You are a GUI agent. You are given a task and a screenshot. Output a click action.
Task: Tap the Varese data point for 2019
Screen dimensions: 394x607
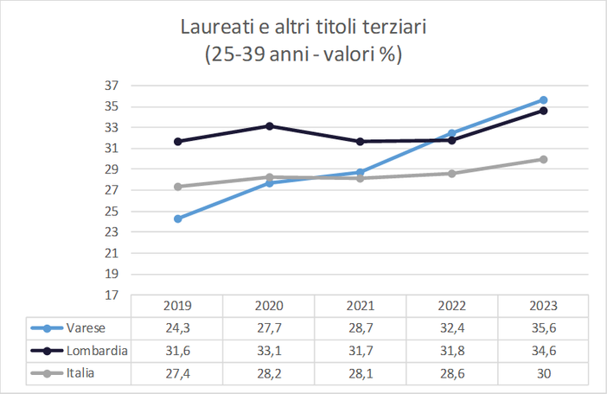tap(177, 219)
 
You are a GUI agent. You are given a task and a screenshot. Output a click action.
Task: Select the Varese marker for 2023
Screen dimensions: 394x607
tap(544, 100)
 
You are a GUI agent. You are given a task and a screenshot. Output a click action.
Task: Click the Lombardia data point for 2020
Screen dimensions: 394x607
tap(269, 126)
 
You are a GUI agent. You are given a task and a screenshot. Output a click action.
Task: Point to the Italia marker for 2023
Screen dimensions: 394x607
tap(544, 159)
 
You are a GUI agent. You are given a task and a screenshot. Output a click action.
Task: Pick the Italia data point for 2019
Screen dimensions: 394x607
tap(177, 187)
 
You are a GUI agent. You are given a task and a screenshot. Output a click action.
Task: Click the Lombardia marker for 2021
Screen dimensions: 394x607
tap(361, 141)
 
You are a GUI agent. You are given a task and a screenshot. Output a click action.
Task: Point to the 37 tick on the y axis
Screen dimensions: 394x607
tap(111, 86)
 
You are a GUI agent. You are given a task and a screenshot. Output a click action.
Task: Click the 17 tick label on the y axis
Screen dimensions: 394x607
tap(111, 295)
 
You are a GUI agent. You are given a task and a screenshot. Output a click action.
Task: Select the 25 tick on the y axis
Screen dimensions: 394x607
tap(111, 212)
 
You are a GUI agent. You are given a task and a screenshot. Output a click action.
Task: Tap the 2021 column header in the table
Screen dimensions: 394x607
tap(361, 306)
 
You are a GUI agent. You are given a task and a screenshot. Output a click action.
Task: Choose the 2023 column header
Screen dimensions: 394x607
tap(544, 306)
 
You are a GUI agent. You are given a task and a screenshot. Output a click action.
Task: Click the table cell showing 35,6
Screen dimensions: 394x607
tap(544, 328)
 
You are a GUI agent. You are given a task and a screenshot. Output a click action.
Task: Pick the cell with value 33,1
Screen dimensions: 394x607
tap(269, 351)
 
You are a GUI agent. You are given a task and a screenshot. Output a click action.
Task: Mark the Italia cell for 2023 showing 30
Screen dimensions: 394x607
tap(544, 373)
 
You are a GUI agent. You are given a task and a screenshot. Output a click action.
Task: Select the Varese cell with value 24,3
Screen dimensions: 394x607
tap(177, 328)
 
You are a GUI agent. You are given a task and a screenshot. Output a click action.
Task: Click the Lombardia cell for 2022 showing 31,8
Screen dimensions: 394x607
tap(452, 351)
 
